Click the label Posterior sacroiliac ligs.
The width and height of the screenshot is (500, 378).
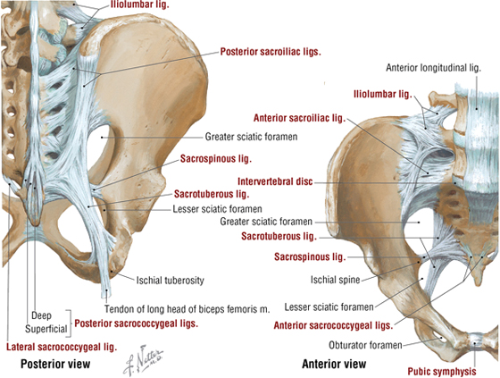[x=271, y=52]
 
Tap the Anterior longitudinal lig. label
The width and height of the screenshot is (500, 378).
[x=433, y=68]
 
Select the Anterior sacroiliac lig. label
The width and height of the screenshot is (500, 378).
[x=299, y=118]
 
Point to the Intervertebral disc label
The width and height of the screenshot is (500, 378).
[x=275, y=181]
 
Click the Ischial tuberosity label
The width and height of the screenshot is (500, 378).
[x=171, y=281]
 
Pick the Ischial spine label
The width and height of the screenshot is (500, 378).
[x=335, y=280]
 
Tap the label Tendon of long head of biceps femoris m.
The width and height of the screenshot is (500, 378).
[x=187, y=309]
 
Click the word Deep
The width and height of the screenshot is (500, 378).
[x=41, y=315]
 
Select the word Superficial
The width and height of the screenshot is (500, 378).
[x=46, y=329]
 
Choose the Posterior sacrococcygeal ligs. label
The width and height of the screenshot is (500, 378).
[x=136, y=323]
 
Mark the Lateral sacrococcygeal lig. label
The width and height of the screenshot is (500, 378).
[x=62, y=347]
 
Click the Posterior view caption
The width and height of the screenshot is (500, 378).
[x=55, y=364]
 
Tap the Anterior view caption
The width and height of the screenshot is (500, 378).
[x=334, y=364]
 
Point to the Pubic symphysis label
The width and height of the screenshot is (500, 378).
[x=442, y=371]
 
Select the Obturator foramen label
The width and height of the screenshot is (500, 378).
[x=365, y=345]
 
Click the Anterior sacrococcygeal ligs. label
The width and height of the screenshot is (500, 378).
[x=333, y=325]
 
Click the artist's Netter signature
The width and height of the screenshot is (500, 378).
[x=143, y=360]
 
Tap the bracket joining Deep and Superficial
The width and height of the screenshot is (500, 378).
[x=68, y=323]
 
